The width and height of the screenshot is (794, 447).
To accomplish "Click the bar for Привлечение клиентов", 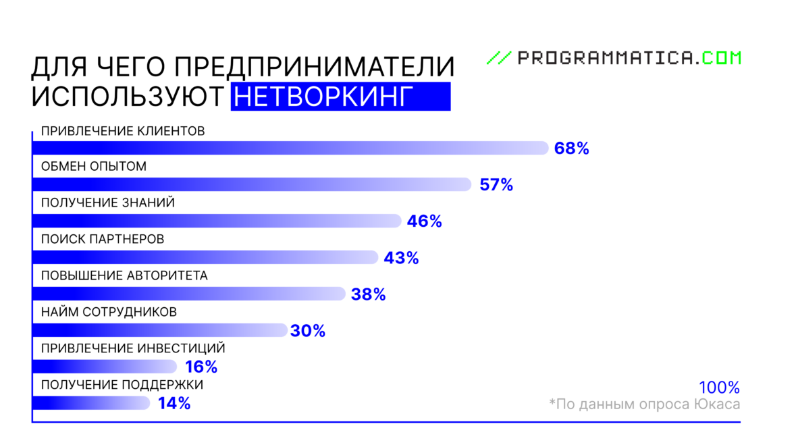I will [290, 148].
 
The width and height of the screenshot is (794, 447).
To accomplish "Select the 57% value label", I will [496, 184].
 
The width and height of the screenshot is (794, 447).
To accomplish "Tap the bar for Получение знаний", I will [216, 221].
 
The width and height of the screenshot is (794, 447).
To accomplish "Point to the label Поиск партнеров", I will [103, 239].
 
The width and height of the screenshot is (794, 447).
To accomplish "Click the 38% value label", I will [368, 294].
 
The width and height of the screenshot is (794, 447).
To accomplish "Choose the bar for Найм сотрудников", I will [160, 330].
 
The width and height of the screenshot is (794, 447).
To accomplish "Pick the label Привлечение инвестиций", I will [133, 348].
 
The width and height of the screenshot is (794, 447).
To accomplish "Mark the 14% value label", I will [174, 404].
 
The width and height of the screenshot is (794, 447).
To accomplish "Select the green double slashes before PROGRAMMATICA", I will [499, 58].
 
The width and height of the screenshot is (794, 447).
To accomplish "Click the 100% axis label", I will [719, 388].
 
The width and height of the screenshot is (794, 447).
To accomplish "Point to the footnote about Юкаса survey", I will [644, 404].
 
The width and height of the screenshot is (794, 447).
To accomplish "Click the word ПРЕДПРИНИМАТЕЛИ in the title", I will [313, 68].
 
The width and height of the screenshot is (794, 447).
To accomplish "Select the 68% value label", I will [571, 149].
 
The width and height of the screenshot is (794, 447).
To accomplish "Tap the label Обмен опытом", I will [94, 166].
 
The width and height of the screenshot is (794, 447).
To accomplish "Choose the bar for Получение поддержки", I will [91, 403].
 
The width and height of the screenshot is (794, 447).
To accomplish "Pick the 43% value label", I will [401, 258].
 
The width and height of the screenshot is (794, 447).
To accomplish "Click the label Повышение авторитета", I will [124, 275].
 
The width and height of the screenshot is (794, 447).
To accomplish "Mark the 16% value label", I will [201, 367].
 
